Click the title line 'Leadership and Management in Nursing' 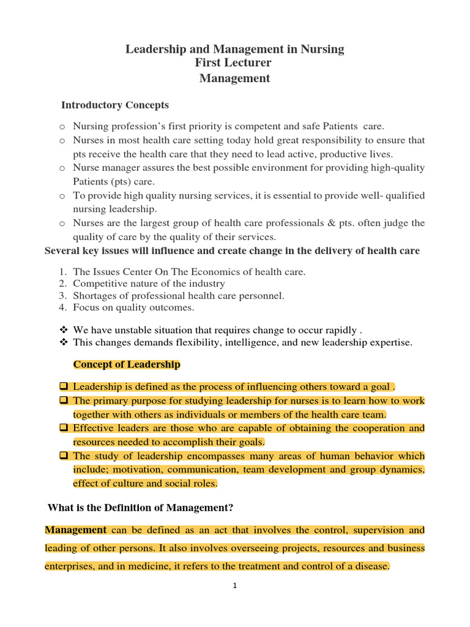pyautogui.click(x=234, y=49)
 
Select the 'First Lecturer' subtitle pyautogui.click(x=234, y=63)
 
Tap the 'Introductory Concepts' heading pyautogui.click(x=114, y=105)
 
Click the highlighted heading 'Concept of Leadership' pyautogui.click(x=127, y=365)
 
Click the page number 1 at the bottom pyautogui.click(x=235, y=586)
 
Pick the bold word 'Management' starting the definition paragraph pyautogui.click(x=75, y=530)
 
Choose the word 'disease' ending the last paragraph pyautogui.click(x=371, y=566)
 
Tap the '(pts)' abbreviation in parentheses pyautogui.click(x=121, y=182)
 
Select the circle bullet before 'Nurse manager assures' pyautogui.click(x=62, y=168)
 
